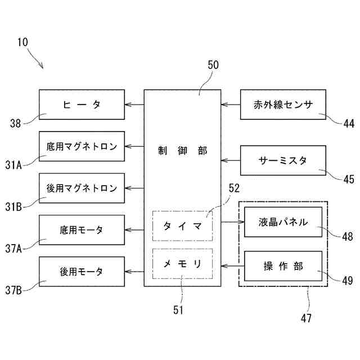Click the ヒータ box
[82, 104]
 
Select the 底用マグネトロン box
[82, 147]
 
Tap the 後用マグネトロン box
[82, 188]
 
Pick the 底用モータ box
[82, 229]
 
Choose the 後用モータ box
[82, 271]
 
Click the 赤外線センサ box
[282, 104]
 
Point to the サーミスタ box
[282, 160]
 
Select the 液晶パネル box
[283, 222]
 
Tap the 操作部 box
[283, 266]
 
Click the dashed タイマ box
[182, 226]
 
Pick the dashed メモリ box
[182, 263]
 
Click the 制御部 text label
[182, 151]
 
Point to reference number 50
[213, 65]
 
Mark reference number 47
[305, 318]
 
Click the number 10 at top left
[23, 42]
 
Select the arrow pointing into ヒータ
[134, 104]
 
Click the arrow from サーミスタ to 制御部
[231, 160]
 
